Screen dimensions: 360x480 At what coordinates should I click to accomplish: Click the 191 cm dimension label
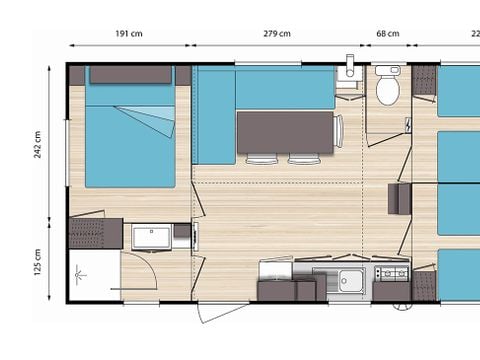click(129, 34)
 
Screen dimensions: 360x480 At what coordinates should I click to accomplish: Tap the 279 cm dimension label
click(277, 34)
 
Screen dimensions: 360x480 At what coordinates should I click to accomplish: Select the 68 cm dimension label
click(387, 34)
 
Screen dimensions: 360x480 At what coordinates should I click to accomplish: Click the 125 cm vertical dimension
click(38, 264)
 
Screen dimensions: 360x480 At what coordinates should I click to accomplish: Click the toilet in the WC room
click(387, 87)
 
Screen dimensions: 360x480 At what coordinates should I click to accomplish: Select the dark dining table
click(284, 131)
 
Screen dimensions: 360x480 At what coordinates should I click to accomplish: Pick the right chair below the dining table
click(303, 159)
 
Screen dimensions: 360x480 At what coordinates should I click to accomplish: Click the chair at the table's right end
click(339, 131)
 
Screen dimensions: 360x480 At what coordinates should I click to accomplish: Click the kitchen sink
click(349, 279)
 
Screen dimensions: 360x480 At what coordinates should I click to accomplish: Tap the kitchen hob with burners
click(391, 273)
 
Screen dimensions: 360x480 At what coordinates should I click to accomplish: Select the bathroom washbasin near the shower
click(152, 236)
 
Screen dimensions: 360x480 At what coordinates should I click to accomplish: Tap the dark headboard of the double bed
click(130, 74)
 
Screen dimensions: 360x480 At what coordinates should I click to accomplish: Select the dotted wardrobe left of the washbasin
click(95, 233)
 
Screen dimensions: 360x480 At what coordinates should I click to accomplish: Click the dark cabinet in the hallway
click(399, 198)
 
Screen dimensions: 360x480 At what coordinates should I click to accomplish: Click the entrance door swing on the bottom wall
click(222, 313)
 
